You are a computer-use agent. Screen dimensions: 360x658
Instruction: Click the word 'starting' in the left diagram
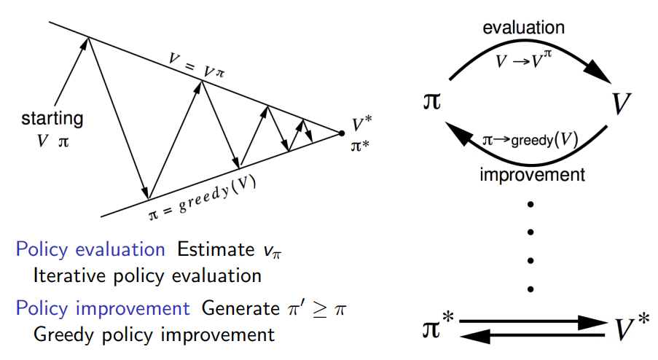pos(52,118)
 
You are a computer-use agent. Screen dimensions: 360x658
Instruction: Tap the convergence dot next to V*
pos(340,133)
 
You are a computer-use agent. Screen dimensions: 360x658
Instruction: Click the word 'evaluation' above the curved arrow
pos(524,28)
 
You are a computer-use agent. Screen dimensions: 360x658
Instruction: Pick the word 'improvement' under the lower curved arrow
pos(533,175)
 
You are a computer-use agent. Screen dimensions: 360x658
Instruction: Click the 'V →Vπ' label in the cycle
pos(522,60)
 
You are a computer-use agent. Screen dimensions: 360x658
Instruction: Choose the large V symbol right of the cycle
pos(621,105)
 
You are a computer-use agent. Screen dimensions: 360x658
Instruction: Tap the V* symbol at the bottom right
pos(627,329)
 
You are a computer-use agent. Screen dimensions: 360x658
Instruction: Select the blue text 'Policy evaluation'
pos(90,250)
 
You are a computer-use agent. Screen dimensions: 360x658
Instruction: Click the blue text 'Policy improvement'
pos(103,308)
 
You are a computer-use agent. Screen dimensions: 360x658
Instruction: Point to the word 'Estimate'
pos(213,250)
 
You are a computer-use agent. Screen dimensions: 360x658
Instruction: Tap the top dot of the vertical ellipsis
pos(530,205)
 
